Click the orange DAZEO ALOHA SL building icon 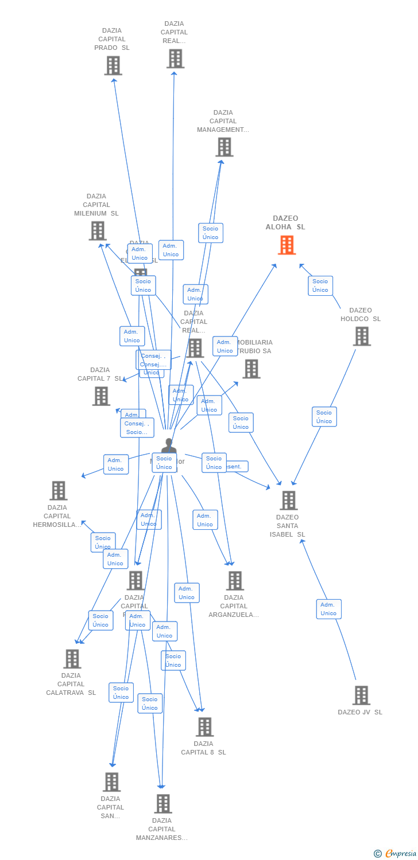click(287, 245)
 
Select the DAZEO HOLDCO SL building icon click(362, 337)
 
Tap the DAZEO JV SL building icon click(361, 695)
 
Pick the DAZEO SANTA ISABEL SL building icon click(288, 500)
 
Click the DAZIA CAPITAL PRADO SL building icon click(113, 66)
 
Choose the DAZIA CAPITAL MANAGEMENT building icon click(224, 147)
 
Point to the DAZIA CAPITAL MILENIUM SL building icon click(98, 230)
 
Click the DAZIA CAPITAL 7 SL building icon click(101, 396)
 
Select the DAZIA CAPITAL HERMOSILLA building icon click(59, 491)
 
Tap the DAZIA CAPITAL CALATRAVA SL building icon click(72, 659)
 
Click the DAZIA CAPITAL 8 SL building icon click(204, 727)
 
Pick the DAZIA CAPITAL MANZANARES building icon click(163, 804)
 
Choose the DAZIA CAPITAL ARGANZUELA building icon click(235, 581)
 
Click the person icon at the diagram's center click(168, 446)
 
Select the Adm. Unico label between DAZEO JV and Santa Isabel click(328, 609)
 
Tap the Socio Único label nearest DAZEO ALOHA click(320, 286)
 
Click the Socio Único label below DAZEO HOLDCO click(324, 417)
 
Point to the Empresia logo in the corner click(396, 854)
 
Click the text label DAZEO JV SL click(360, 712)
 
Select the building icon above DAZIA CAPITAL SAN click(111, 782)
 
